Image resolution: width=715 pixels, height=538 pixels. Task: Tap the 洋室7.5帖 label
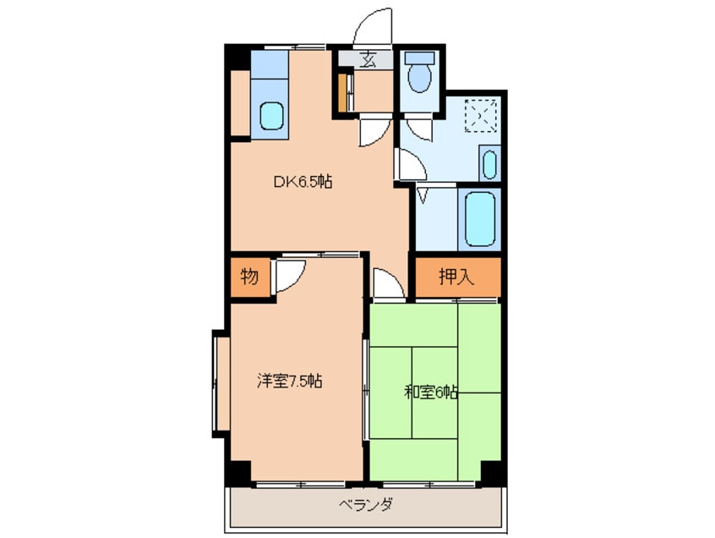click(x=289, y=382)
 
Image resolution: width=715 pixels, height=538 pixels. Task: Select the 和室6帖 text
click(x=431, y=392)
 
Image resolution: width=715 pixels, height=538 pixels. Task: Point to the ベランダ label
click(x=365, y=506)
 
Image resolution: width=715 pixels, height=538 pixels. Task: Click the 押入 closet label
click(x=456, y=276)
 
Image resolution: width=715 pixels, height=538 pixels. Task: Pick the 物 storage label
click(x=248, y=276)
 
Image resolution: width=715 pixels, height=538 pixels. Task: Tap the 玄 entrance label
click(x=368, y=60)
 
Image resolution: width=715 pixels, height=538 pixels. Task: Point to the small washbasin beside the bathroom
click(x=489, y=163)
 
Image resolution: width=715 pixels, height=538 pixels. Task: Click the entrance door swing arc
click(x=373, y=25)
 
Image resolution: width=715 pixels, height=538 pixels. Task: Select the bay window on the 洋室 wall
click(x=219, y=384)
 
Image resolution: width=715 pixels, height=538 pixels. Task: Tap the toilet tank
click(x=418, y=59)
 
